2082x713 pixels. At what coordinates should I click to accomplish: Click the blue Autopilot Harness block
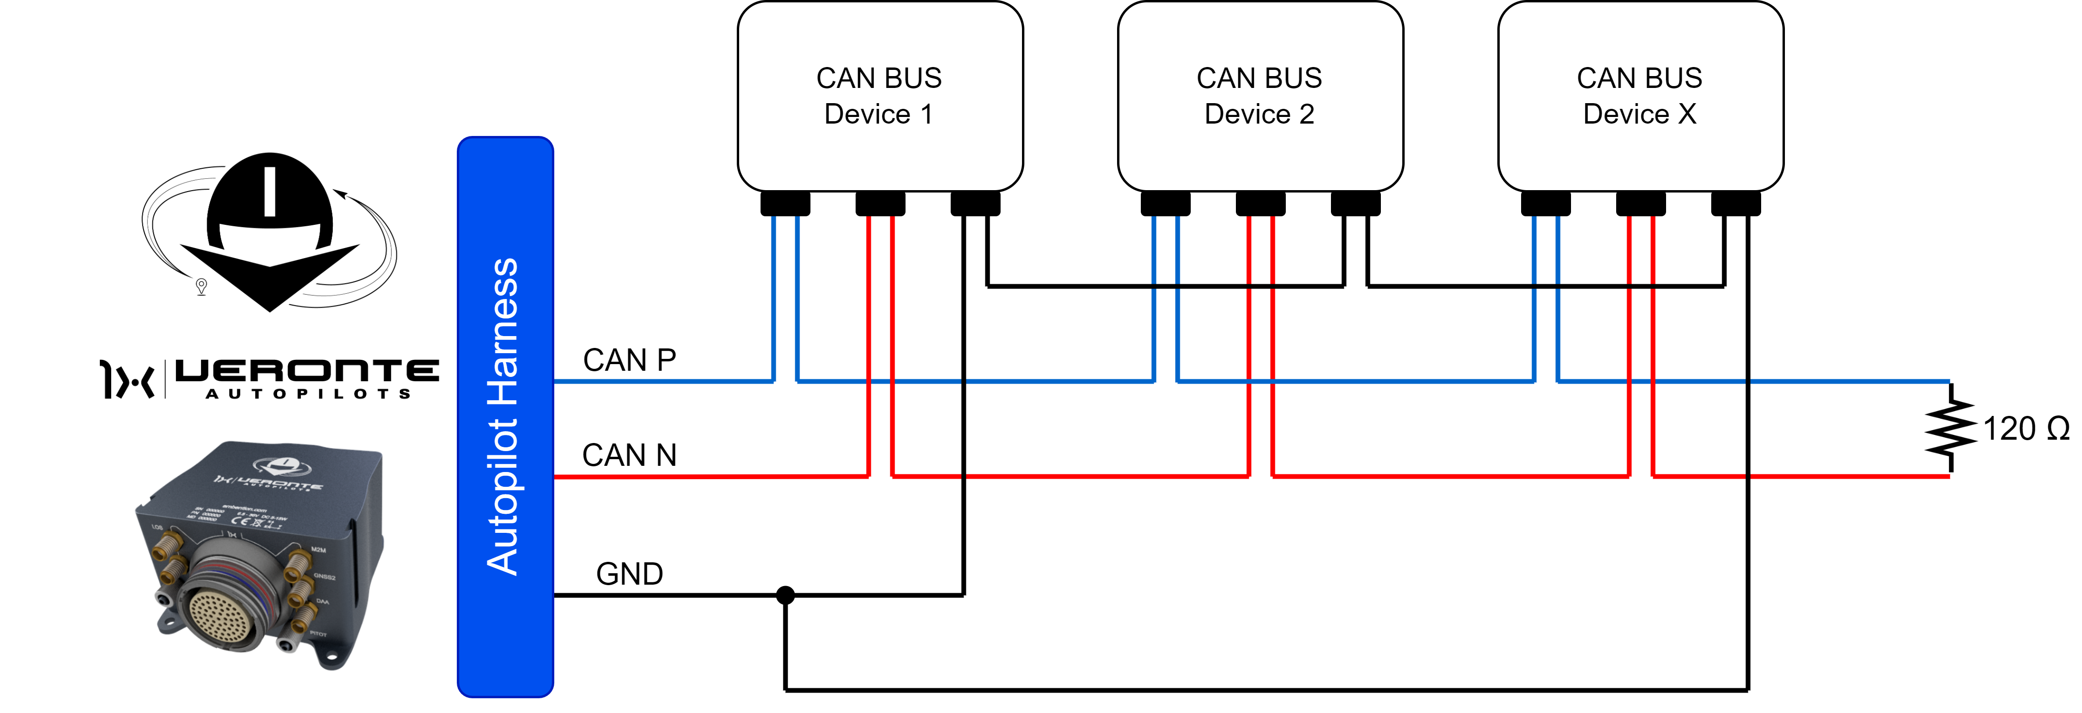[505, 416]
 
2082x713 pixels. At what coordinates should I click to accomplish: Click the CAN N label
[629, 455]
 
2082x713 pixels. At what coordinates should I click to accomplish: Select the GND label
[629, 574]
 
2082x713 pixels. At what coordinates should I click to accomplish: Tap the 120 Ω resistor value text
[2025, 428]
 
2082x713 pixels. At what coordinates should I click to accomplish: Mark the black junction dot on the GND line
[785, 596]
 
